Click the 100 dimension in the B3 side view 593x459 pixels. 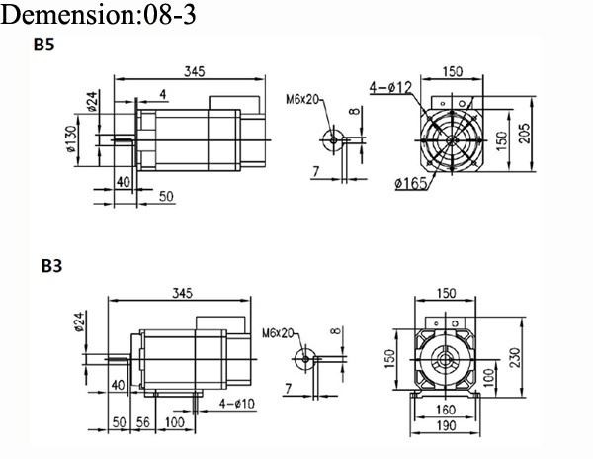tap(175, 422)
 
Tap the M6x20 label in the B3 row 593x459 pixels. tap(278, 333)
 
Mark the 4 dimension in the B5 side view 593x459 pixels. tap(161, 93)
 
